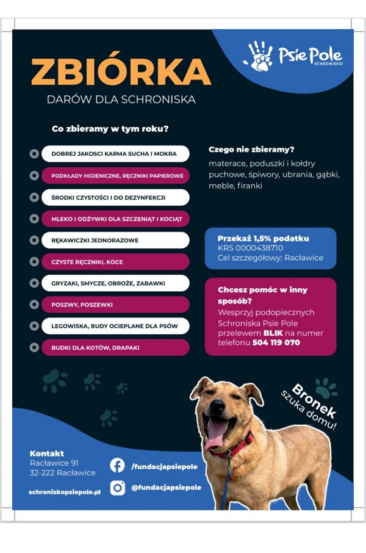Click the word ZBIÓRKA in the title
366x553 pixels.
coord(121,72)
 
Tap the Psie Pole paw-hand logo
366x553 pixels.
coord(258,56)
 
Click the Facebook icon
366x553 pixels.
coord(117,466)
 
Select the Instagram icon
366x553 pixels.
coord(117,487)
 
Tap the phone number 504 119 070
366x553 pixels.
coord(276,343)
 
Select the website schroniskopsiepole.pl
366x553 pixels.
coord(64,491)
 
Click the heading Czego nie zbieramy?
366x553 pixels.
coord(251,149)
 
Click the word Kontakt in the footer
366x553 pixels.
coord(46,454)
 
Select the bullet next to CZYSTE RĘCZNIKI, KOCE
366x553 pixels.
coord(34,262)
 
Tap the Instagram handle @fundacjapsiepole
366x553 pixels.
coord(166,487)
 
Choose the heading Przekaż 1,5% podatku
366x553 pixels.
coord(263,238)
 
